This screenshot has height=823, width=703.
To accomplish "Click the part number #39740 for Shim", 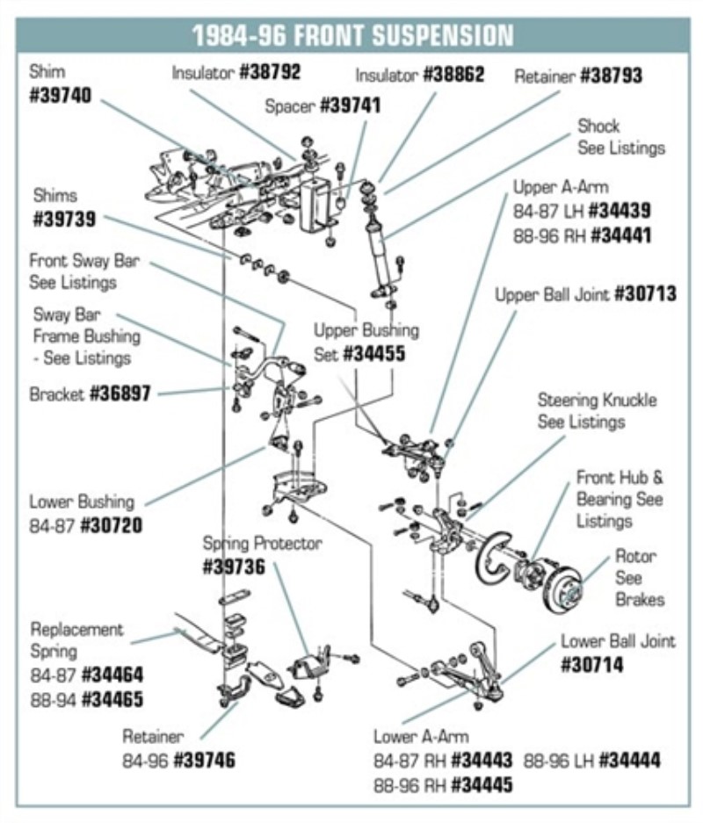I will [x=60, y=96].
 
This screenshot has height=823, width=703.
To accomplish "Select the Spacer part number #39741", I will [x=350, y=106].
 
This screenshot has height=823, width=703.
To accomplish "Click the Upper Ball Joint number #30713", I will [x=645, y=294].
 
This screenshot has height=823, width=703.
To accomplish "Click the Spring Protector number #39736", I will [x=234, y=567].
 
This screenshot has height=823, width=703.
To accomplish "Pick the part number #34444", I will [x=629, y=760].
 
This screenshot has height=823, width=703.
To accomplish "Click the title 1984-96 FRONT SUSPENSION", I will [x=352, y=35].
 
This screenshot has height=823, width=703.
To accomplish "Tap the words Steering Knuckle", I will [x=597, y=401].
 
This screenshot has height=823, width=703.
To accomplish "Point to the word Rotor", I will [x=635, y=556].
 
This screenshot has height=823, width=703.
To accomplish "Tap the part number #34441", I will [x=620, y=235].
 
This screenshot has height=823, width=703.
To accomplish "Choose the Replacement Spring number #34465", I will [x=112, y=700].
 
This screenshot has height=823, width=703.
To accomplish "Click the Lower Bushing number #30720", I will [x=111, y=525].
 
